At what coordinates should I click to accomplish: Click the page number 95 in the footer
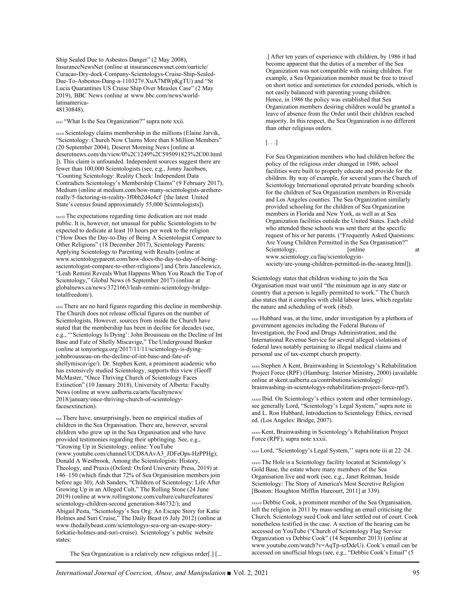pyautogui.click(x=416, y=573)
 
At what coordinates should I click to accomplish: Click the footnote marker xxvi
pyautogui.click(x=59, y=122)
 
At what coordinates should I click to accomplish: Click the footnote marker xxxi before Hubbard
pyautogui.click(x=255, y=319)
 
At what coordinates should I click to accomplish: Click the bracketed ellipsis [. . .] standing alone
pyautogui.click(x=271, y=142)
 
